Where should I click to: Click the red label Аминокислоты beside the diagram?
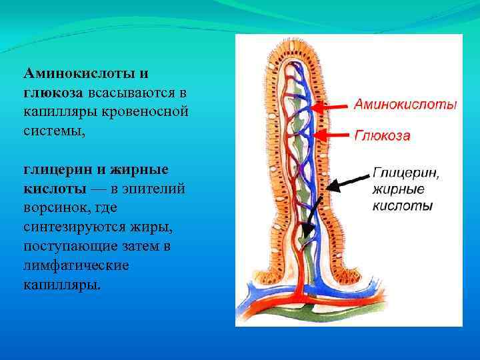(405, 104)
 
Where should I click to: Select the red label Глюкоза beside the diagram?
(381, 135)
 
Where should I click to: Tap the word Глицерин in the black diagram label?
(405, 173)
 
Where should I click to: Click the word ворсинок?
(53, 208)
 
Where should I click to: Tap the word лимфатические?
(76, 266)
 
